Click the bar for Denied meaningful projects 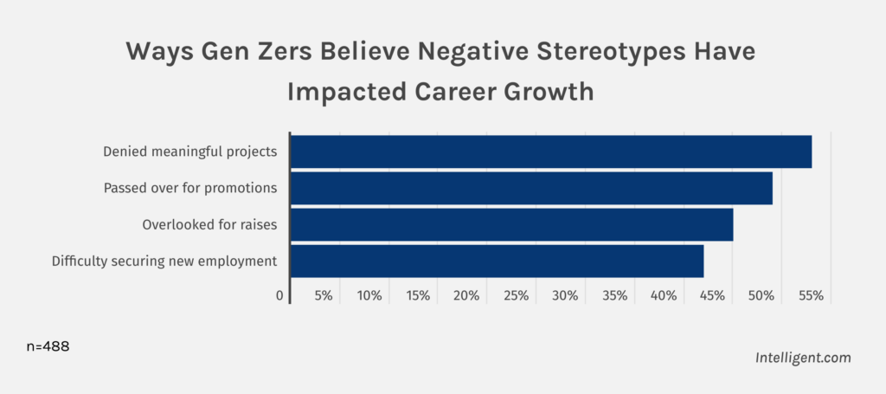[550, 152]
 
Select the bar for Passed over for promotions [530, 188]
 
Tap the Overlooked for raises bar [511, 224]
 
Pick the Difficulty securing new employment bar [497, 261]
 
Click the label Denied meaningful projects [189, 152]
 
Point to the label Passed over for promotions [189, 188]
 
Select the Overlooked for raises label [209, 224]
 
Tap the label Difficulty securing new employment [164, 261]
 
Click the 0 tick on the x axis [280, 296]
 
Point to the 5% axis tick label [324, 296]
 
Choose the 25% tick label [516, 296]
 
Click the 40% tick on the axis [664, 296]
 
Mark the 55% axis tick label [811, 296]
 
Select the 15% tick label [418, 296]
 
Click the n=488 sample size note [48, 346]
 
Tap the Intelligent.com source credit [802, 357]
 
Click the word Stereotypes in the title [573, 51]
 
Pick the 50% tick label [761, 296]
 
